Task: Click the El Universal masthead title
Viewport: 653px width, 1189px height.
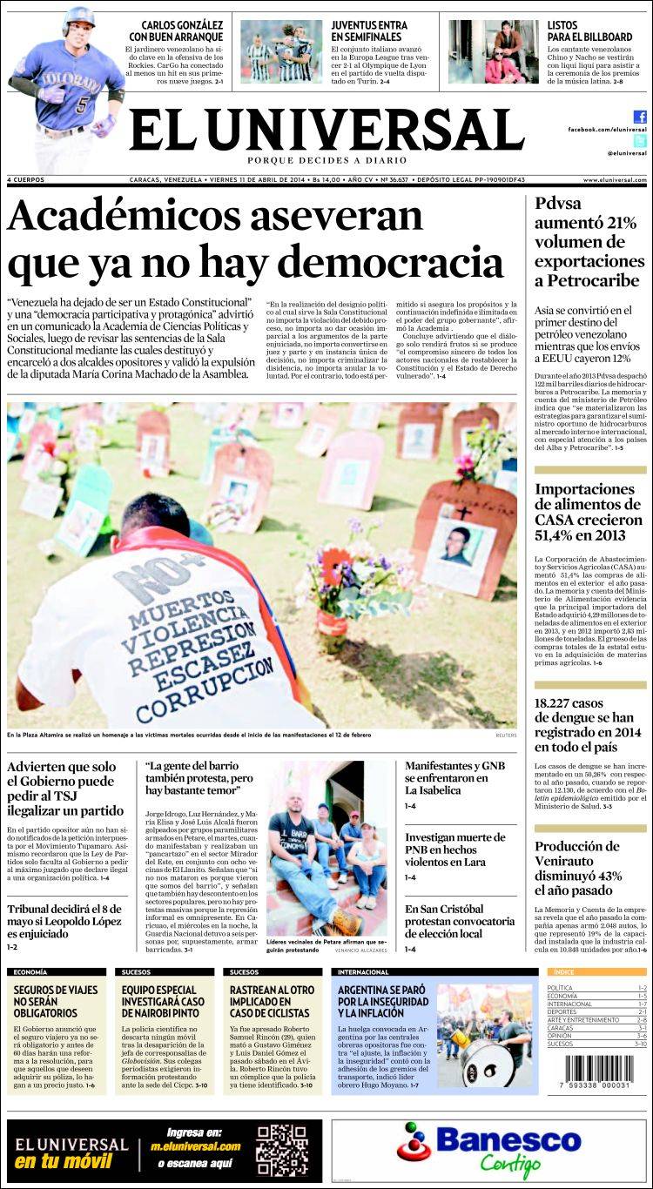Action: point(326,131)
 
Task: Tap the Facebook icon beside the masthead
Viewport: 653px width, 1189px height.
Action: point(640,117)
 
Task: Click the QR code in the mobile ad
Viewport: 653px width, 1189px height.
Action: point(282,1150)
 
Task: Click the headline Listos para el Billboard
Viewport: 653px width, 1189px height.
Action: point(589,31)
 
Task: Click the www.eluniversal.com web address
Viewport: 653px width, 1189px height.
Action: point(615,180)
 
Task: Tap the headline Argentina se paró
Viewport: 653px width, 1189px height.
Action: point(381,1001)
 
